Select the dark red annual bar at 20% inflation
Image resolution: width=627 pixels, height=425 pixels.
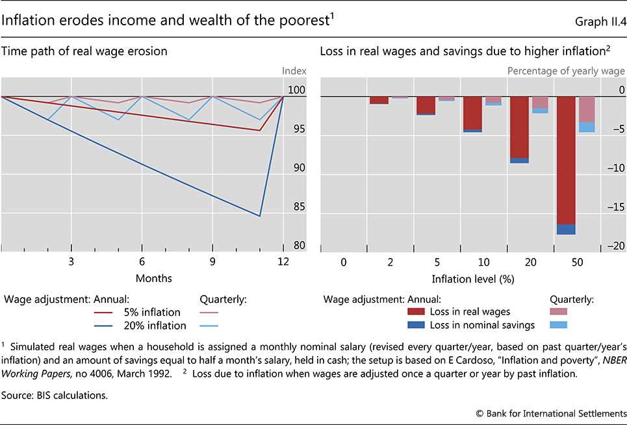click(519, 127)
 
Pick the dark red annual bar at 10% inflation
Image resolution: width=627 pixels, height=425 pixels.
click(472, 113)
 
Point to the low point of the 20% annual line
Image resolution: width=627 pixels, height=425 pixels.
click(260, 216)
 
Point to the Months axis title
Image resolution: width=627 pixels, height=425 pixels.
click(154, 278)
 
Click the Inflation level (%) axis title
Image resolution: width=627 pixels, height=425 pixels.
click(472, 278)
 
